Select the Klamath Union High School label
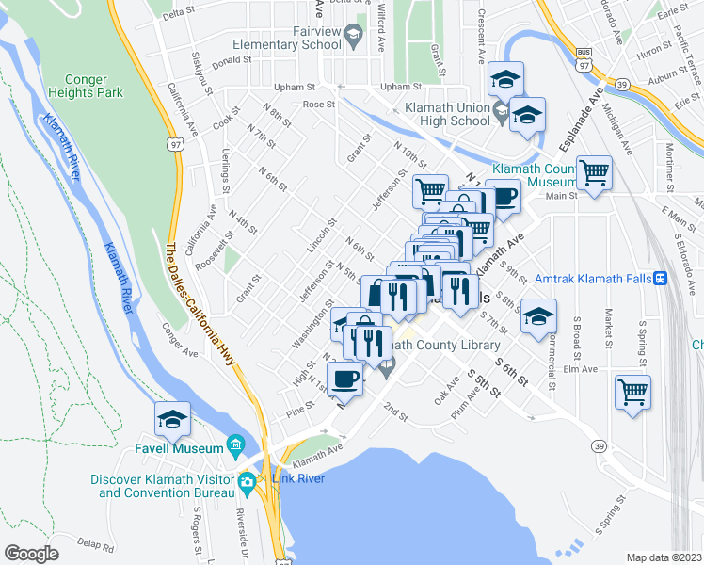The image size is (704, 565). pyautogui.click(x=447, y=114)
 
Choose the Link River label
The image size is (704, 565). pyautogui.click(x=298, y=480)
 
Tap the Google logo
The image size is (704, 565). pyautogui.click(x=32, y=553)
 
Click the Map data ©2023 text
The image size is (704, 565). pyautogui.click(x=664, y=557)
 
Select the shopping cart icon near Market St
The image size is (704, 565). pyautogui.click(x=633, y=390)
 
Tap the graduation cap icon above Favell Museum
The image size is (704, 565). pyautogui.click(x=172, y=419)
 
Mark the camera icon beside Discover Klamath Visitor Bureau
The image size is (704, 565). pyautogui.click(x=247, y=480)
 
